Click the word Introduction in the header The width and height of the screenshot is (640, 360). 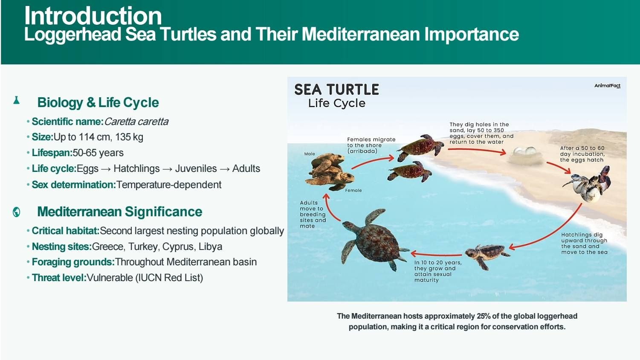(93, 16)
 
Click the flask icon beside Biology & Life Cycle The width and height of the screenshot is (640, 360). (16, 100)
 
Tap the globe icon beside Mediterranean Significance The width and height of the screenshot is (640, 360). (17, 212)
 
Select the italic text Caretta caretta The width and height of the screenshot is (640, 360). (136, 122)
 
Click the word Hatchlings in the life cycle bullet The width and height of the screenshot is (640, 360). (136, 168)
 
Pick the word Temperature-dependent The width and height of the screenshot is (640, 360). (169, 185)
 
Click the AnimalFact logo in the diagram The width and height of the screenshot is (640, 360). (608, 86)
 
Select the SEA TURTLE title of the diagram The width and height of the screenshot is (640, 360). (336, 90)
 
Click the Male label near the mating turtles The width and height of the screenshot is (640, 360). (310, 154)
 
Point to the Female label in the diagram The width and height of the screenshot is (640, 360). (353, 190)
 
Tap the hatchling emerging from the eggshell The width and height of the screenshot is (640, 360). (588, 185)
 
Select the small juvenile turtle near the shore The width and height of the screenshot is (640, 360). (487, 255)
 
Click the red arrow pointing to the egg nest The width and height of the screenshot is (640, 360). (477, 151)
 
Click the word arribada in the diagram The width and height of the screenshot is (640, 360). (362, 151)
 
